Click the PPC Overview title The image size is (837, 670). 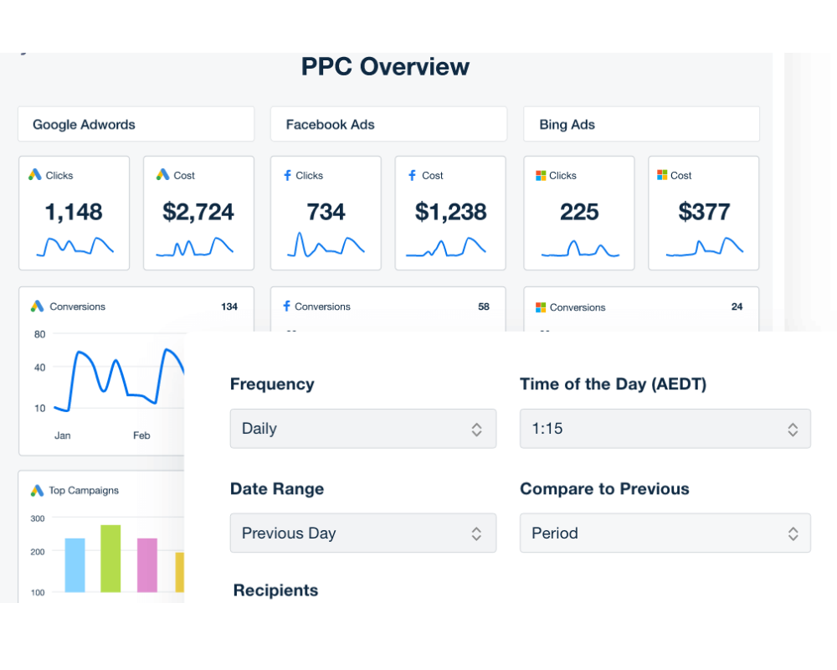coord(385,67)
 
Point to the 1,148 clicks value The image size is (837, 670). coord(74,212)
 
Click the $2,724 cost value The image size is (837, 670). coord(198,212)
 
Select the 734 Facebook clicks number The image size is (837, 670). coord(326,212)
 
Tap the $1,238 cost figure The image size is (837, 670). coord(450,212)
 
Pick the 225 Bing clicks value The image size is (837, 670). coord(579,212)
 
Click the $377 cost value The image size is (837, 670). coord(704,212)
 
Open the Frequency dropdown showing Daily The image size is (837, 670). coord(362,429)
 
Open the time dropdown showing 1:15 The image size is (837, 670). coord(665,429)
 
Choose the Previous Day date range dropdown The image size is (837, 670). coord(362,533)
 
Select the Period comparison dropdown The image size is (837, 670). coord(665,533)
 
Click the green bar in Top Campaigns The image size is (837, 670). coord(110,559)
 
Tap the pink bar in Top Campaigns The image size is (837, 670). coord(147,565)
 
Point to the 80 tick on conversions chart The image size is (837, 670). coord(39,334)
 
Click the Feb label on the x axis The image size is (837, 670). coord(141,435)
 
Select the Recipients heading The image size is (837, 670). coord(275,590)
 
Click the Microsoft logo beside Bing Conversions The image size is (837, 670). coord(541,307)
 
